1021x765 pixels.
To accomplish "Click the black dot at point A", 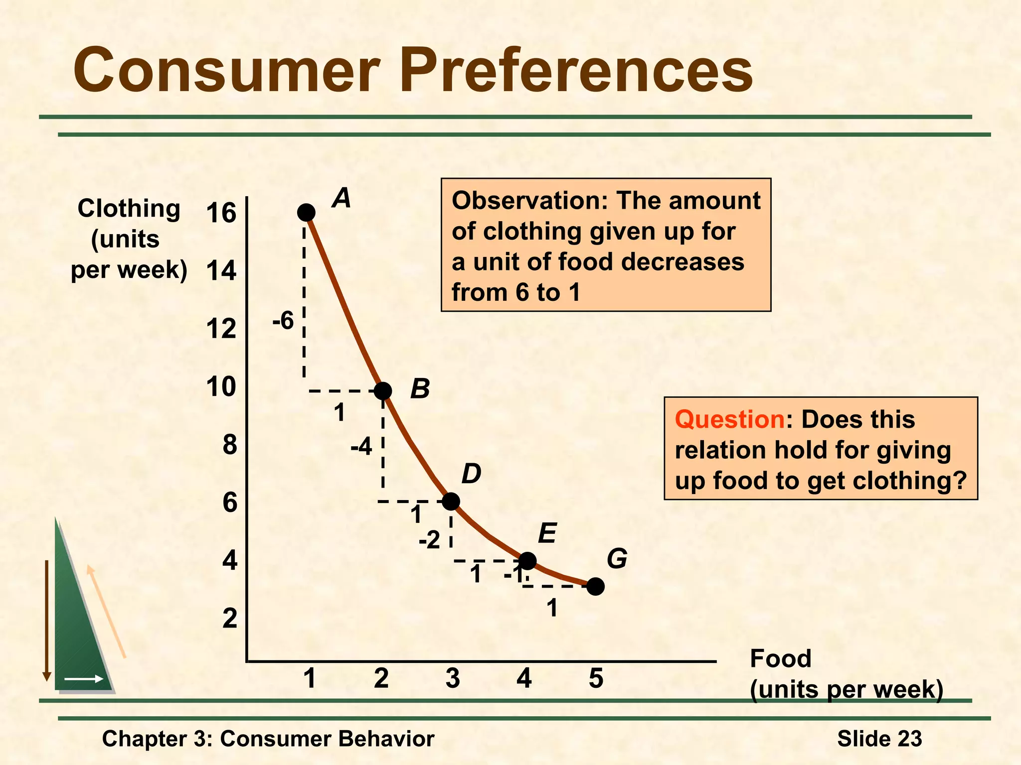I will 306,213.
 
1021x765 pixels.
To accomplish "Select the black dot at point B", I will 382,391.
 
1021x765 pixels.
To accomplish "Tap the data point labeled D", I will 451,501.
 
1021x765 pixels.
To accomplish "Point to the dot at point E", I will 527,561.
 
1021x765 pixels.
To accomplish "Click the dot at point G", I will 595,587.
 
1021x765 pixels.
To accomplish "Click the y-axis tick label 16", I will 221,213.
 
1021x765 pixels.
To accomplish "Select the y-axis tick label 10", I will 221,387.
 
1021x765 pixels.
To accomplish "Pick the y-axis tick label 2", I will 229,619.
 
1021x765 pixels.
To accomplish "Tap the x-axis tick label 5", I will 596,678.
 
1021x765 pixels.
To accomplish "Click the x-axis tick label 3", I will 453,678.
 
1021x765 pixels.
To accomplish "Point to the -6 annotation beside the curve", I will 283,321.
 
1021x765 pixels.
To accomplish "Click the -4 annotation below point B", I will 361,447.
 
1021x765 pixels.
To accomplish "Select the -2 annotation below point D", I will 429,540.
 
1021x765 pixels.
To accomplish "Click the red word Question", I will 729,419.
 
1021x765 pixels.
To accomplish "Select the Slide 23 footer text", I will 879,738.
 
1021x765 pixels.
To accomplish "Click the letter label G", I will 617,559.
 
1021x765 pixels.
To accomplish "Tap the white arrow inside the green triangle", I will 84,679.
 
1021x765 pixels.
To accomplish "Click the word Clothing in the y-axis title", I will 129,208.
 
